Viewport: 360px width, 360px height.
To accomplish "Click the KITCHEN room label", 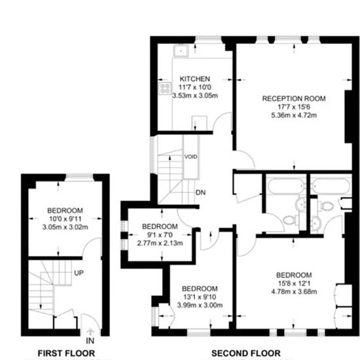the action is coord(194,79).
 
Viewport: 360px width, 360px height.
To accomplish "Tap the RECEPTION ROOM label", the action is coord(294,98).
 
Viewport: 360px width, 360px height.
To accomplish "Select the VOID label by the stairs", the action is coord(190,156).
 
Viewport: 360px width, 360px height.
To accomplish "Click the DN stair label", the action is coord(200,192).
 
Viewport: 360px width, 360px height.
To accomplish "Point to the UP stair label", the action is coord(79,273).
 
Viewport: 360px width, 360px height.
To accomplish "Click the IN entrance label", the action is coord(90,341).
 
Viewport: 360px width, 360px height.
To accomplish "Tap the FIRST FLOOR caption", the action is coord(66,353).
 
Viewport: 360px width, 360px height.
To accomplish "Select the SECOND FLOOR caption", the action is coord(246,353).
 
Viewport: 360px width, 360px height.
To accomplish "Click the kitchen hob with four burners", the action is coord(165,88).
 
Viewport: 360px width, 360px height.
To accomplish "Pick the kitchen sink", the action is coord(181,50).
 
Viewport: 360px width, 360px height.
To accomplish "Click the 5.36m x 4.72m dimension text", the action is coord(294,115).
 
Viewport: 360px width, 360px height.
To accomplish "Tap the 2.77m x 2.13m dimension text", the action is coord(160,243).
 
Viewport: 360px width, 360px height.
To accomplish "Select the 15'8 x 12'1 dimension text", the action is coord(294,283).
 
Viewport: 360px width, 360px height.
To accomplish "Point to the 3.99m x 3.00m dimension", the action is coord(200,305).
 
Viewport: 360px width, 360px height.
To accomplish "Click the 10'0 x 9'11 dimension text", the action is coord(65,219).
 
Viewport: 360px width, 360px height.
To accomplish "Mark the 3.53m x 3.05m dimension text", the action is coord(195,96).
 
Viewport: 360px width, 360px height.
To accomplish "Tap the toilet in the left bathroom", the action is coord(291,221).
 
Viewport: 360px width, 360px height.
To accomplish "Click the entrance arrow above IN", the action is coord(90,333).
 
